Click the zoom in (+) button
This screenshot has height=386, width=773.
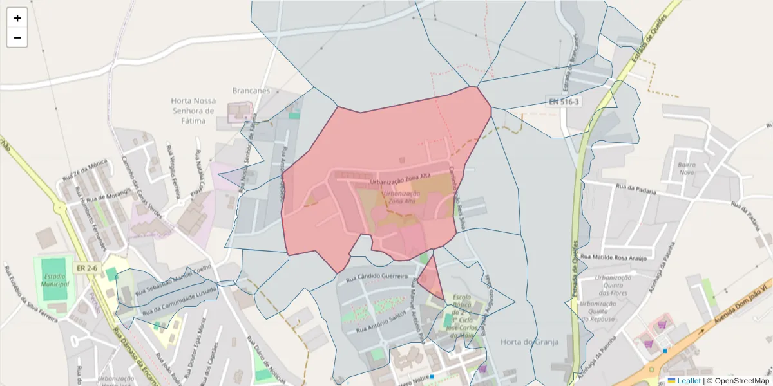17,18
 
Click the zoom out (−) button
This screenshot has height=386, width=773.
17,37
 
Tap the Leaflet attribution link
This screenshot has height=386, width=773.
688,381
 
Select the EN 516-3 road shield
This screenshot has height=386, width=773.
564,102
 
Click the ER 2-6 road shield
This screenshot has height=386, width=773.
87,268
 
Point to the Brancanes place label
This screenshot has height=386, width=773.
251,91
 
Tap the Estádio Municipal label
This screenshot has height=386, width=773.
55,279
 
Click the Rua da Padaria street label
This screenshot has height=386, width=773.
636,190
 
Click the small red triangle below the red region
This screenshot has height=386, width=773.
430,277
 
